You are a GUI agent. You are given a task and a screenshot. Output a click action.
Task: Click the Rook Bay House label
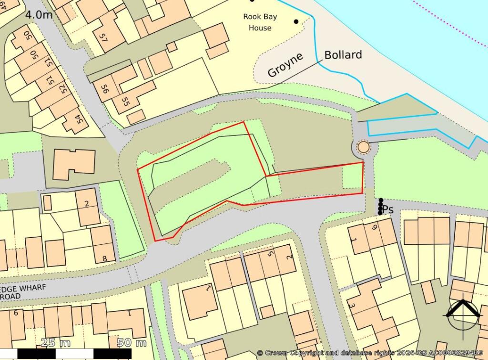260,22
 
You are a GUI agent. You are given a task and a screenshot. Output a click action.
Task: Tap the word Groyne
285,65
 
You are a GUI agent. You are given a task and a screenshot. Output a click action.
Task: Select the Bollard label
343,55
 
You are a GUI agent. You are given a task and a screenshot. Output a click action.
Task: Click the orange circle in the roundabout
363,147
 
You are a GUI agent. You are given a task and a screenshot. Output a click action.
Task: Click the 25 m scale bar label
56,342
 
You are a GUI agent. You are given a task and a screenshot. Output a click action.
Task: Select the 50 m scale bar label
132,342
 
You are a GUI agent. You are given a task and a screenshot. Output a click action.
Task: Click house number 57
103,36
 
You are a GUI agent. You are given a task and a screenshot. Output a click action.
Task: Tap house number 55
126,101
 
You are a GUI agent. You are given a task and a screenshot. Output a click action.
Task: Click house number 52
61,88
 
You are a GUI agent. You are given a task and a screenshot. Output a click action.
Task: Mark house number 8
105,259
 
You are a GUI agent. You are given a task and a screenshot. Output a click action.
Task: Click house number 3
352,305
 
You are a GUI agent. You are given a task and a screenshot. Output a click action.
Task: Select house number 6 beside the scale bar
16,313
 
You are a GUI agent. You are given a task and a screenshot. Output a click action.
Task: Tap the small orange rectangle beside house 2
47,203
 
